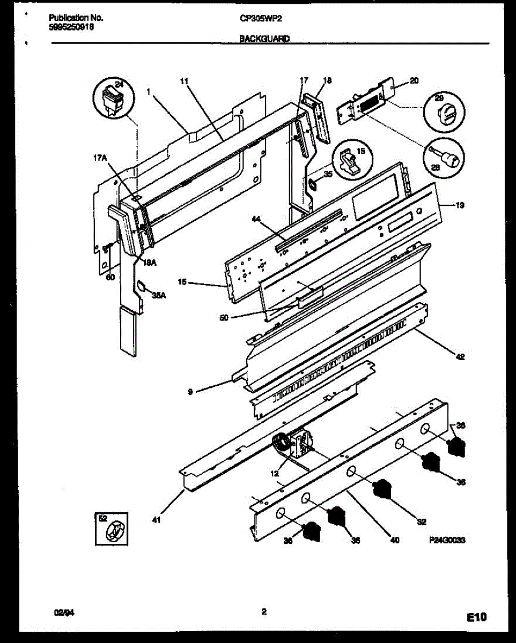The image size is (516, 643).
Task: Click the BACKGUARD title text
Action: tap(264, 39)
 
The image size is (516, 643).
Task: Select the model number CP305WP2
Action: tap(261, 18)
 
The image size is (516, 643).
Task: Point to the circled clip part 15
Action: tap(352, 159)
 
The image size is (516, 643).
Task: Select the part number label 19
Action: tap(460, 205)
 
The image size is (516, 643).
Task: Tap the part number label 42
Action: tap(460, 357)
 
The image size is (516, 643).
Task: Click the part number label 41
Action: tap(156, 519)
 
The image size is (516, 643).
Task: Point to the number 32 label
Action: tap(422, 520)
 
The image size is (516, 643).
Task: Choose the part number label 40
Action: tap(395, 541)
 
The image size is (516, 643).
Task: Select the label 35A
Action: tap(157, 295)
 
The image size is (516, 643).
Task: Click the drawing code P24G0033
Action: tap(446, 541)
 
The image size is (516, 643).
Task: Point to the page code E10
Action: tap(476, 618)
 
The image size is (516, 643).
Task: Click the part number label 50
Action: tap(224, 317)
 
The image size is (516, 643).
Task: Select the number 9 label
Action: tap(190, 392)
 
